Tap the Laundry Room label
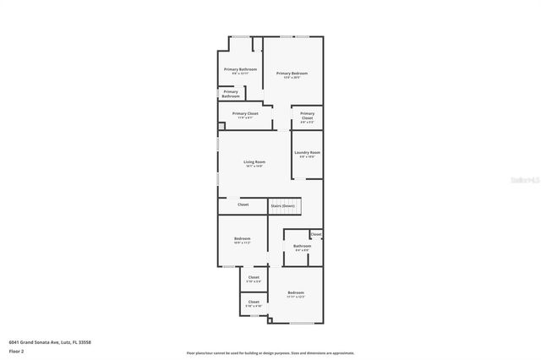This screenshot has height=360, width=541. coord(308,154)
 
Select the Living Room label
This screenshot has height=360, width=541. coord(254,163)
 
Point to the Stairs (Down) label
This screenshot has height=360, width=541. coord(282,205)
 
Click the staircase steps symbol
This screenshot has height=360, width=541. coord(292,194)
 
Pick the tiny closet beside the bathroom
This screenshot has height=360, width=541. coord(315,234)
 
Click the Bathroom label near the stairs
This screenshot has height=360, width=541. coord(302,248)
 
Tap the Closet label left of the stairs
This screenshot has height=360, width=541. coord(243,205)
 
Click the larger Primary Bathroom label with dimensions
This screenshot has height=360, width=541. coord(240,70)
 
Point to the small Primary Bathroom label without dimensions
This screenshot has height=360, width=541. coord(231,94)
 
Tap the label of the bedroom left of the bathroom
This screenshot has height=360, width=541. coord(242,240)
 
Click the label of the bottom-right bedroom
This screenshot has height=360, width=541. coord(295,294)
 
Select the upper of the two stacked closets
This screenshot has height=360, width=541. coord(254,279)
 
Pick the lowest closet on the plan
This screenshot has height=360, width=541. coord(254,303)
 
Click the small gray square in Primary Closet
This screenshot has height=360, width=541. coord(221,127)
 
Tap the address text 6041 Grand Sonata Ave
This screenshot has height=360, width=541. coord(50,341)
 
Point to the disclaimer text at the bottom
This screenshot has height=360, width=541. coord(270,352)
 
